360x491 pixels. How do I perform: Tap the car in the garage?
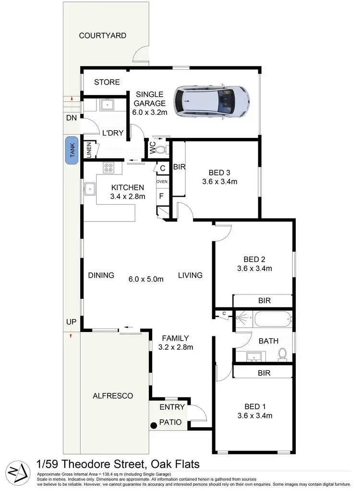tap(212, 101)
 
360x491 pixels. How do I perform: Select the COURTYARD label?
tap(103, 36)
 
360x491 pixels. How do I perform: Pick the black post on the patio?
tap(154, 425)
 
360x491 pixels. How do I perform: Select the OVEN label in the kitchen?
tap(162, 182)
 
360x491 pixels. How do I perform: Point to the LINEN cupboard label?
tap(89, 150)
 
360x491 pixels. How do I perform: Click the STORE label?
tap(107, 82)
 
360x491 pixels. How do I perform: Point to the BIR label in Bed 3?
tap(180, 167)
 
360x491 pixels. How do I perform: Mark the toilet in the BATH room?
tap(283, 353)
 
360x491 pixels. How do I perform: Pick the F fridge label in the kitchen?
tap(161, 196)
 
